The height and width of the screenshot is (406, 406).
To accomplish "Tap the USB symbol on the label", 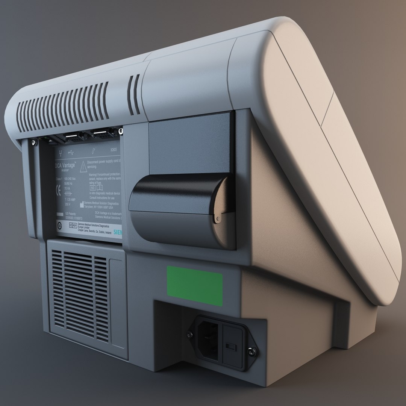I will (x=71, y=152).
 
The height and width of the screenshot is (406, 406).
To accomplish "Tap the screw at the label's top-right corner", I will (x=120, y=131).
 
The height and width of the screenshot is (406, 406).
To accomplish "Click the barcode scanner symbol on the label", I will (x=93, y=150).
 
